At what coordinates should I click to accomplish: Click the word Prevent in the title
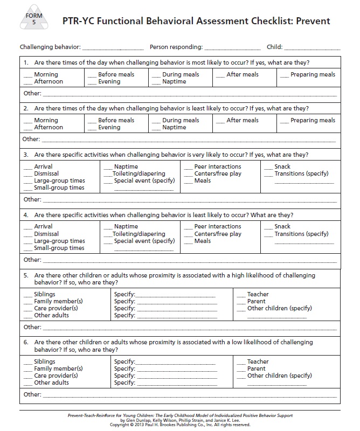(310, 21)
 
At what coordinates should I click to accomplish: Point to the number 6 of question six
(25, 342)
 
